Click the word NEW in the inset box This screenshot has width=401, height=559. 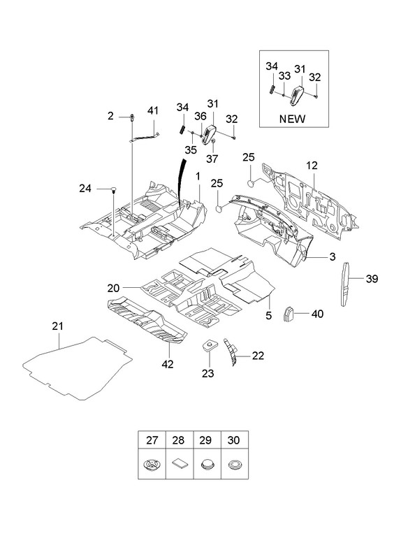pos(292,119)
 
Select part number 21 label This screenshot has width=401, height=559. pos(57,326)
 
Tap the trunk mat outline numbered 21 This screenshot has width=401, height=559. pos(78,368)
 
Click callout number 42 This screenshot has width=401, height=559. pos(168,364)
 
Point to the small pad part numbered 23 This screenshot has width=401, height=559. pos(209,345)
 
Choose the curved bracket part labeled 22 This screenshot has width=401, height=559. pos(231,351)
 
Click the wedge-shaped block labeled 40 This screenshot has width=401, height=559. pos(289,313)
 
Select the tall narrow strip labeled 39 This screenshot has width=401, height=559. pos(344,284)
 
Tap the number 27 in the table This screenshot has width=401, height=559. pos(152,440)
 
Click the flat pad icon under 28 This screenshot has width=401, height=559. pos(180,464)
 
